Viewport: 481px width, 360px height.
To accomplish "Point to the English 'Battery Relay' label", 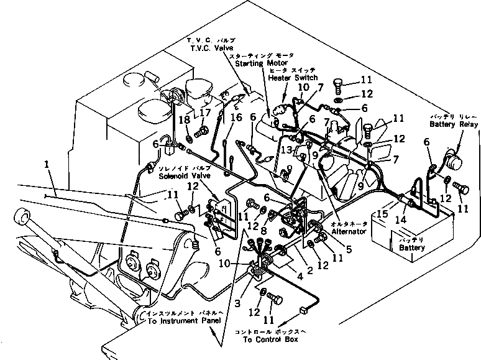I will click(454, 125).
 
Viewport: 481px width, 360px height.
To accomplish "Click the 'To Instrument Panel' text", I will click(185, 321).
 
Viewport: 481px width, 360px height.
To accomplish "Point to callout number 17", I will click(204, 113).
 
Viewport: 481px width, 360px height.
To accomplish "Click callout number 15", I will click(383, 213).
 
